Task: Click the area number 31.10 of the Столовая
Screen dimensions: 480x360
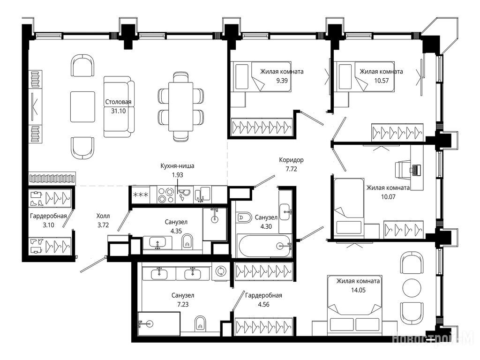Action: tap(118, 111)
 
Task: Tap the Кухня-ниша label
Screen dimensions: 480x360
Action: tap(177, 166)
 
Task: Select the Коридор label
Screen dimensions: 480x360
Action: tap(291, 160)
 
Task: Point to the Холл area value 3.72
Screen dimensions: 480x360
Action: tap(103, 225)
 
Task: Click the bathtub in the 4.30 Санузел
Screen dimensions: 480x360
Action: tap(265, 246)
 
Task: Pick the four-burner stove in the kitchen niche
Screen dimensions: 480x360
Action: tap(165, 195)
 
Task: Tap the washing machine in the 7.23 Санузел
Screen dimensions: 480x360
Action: tap(220, 271)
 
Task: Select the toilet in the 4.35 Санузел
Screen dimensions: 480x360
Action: tap(187, 241)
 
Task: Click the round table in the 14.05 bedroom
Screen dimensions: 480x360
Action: tap(412, 287)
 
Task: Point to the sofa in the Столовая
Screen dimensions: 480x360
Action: tap(119, 106)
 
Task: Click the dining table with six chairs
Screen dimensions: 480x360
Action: tap(180, 106)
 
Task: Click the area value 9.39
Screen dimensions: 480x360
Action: tap(282, 81)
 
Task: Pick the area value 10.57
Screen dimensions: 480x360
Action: tap(381, 81)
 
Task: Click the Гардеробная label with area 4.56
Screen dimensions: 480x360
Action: tap(263, 295)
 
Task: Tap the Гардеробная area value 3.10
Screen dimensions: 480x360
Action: tap(48, 225)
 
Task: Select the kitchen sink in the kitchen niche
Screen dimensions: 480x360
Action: tap(202, 195)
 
